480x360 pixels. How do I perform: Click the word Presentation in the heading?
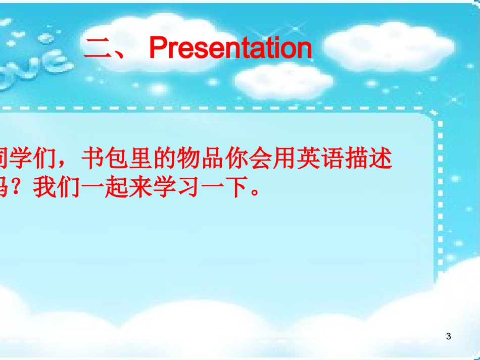pyautogui.click(x=230, y=49)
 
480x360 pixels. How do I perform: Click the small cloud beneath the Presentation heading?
pyautogui.click(x=283, y=81)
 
